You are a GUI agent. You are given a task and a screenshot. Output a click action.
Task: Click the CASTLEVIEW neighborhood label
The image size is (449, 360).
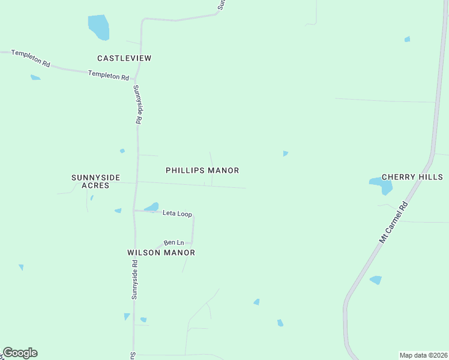(x=124, y=58)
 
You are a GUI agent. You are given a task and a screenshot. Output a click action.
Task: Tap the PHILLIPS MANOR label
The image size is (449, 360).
(x=202, y=170)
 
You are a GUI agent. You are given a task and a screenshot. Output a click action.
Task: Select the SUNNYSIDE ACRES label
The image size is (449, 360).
(x=96, y=181)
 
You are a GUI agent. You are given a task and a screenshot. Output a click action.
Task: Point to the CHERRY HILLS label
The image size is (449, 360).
(x=412, y=177)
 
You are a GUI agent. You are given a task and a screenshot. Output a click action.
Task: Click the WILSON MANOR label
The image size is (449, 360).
(x=161, y=253)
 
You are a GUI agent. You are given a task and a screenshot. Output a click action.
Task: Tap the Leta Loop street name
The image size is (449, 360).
(x=176, y=214)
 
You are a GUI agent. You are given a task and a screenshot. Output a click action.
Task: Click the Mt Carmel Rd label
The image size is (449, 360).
(x=393, y=222)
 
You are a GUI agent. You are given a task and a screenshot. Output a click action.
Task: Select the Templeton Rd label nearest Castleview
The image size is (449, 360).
(x=109, y=76)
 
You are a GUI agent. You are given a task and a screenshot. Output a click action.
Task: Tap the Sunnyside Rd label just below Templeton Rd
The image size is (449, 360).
(x=137, y=104)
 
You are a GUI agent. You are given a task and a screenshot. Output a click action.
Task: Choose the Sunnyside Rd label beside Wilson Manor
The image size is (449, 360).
(x=135, y=280)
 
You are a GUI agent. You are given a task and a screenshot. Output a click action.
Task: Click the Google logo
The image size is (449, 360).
(x=20, y=353)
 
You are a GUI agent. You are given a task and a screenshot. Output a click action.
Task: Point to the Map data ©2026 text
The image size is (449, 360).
(x=423, y=355)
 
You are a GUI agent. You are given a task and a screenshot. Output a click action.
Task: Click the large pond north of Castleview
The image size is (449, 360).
(x=98, y=27)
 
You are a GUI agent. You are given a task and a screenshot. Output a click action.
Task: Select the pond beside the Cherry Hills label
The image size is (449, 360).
(x=382, y=185)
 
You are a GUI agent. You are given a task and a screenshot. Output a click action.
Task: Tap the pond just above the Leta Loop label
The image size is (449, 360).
(x=152, y=207)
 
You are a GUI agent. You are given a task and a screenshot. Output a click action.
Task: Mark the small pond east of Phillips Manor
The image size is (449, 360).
(x=285, y=154)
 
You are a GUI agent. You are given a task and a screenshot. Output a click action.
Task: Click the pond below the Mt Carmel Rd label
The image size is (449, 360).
(x=376, y=280)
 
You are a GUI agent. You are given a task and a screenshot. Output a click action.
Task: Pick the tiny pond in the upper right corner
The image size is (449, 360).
(x=407, y=39)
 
